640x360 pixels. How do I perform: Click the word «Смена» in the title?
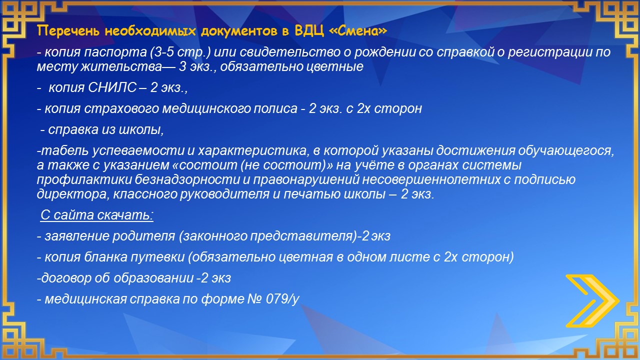358,30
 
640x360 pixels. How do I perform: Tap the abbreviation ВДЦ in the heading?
309,31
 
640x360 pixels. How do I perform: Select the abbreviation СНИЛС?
112,87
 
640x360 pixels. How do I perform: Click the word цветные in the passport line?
335,66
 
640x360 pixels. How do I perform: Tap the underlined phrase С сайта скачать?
97,215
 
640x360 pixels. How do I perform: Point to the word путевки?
157,257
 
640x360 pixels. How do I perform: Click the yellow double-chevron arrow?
592,300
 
